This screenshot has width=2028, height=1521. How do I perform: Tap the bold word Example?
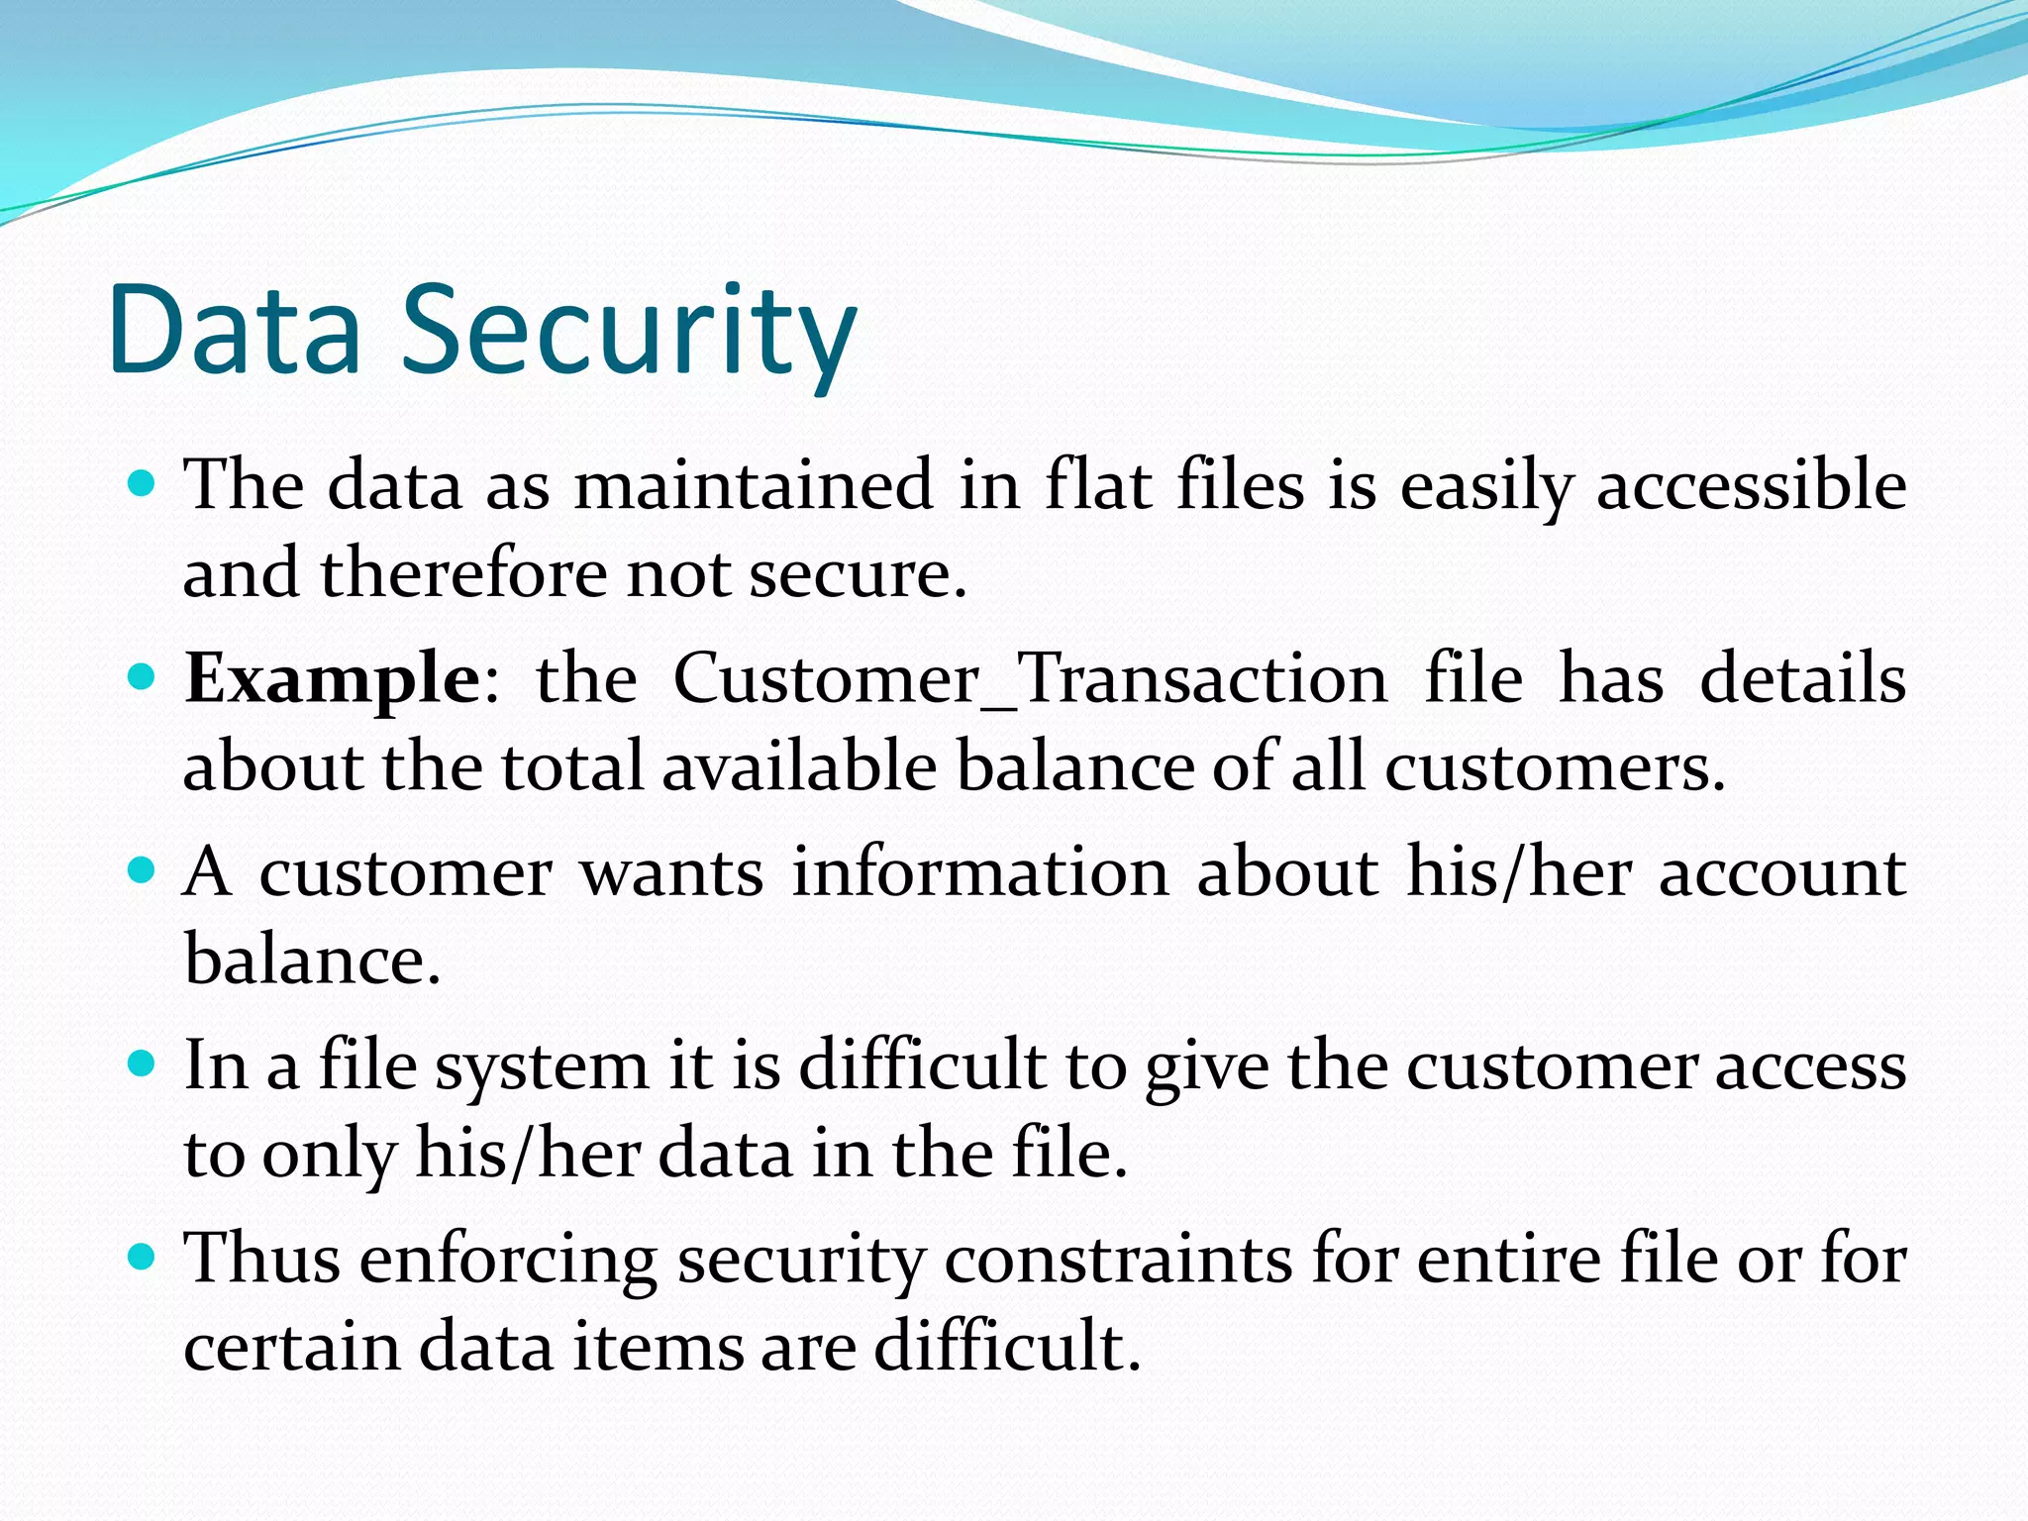[333, 680]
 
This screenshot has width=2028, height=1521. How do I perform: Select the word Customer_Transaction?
[1030, 680]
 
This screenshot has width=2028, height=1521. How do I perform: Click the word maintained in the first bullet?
[754, 485]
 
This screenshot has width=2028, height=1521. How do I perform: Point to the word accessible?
[1751, 485]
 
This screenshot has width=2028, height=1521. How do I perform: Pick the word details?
[1802, 680]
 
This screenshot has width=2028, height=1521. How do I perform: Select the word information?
[980, 873]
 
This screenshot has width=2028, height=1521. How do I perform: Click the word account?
[1782, 873]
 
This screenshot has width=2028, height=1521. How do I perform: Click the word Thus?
[262, 1260]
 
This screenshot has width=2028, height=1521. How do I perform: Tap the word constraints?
[1118, 1260]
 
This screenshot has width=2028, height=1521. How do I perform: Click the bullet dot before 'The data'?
[144, 484]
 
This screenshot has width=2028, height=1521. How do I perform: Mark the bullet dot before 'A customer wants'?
[144, 871]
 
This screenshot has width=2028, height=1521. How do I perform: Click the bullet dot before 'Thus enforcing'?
[144, 1258]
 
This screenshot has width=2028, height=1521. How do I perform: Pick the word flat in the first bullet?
[1098, 485]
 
